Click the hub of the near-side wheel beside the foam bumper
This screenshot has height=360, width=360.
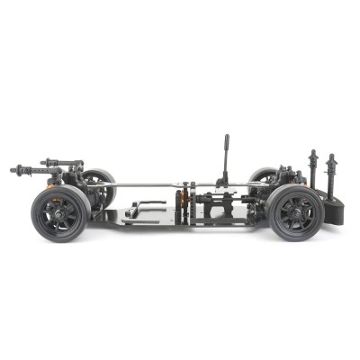tap(294, 213)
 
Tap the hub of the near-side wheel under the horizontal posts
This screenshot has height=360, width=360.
tap(60, 214)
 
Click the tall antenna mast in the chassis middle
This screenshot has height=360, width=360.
tap(225, 162)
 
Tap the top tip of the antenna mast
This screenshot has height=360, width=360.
tap(225, 138)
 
